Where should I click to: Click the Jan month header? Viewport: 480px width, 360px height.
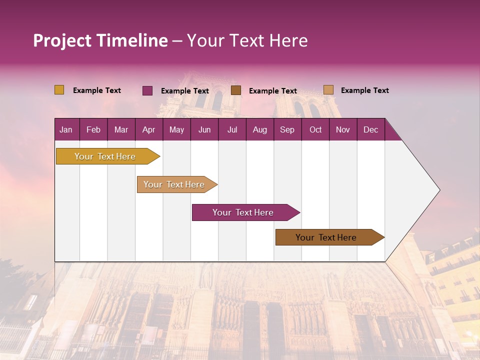(66, 129)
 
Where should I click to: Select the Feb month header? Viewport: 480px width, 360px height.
(93, 129)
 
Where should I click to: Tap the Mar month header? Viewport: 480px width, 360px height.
(121, 129)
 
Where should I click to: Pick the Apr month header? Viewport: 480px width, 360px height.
(149, 129)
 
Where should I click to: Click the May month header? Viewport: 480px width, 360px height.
(176, 129)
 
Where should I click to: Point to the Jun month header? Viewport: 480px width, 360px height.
(204, 129)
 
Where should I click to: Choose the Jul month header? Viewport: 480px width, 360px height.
(232, 129)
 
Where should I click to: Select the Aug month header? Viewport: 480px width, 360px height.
(260, 129)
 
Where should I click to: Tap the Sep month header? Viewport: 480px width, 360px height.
(287, 129)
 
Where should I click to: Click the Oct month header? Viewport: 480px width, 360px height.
(315, 129)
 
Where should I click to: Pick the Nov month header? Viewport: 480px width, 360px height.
(343, 129)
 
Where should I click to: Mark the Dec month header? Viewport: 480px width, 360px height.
(371, 129)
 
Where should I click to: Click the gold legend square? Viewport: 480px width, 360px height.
(59, 90)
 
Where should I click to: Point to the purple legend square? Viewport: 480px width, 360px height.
(147, 90)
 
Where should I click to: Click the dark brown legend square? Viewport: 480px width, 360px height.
(236, 90)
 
